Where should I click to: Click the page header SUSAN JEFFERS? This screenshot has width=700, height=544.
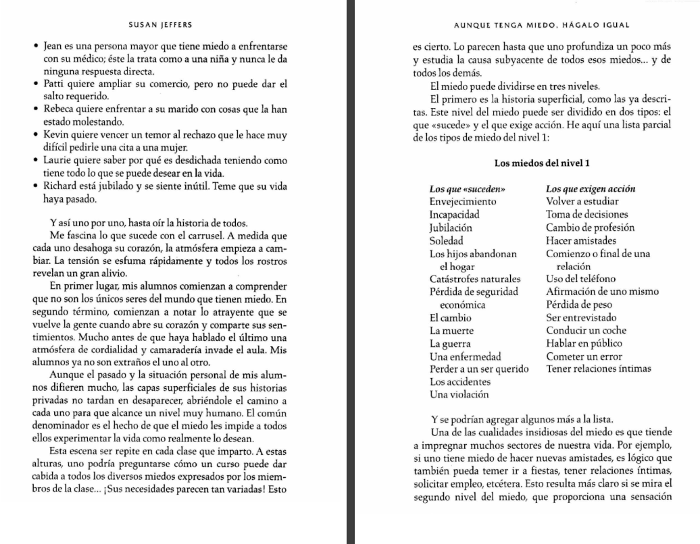(159, 26)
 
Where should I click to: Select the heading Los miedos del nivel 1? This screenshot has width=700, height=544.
(542, 163)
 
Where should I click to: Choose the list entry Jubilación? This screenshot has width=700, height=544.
(451, 227)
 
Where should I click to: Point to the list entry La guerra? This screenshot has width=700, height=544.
(451, 344)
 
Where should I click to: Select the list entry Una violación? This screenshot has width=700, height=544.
(459, 394)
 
